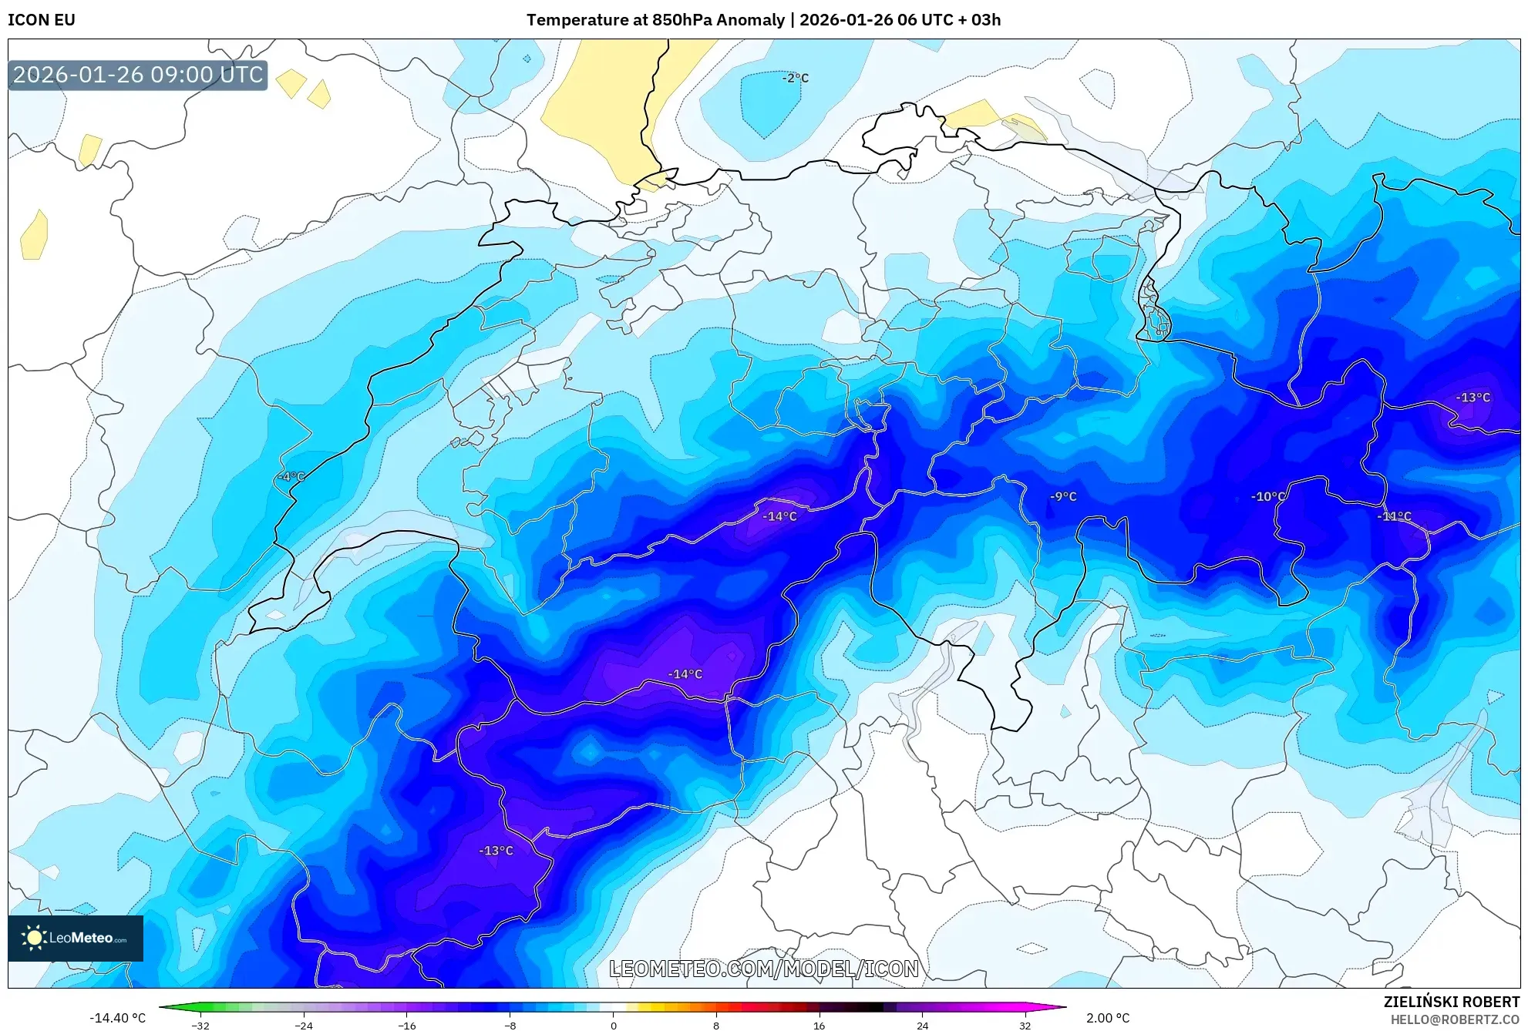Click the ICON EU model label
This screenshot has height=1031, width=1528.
[x=42, y=20]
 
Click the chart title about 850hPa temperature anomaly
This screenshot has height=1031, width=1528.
[x=763, y=20]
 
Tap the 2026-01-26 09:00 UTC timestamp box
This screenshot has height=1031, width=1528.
[x=138, y=75]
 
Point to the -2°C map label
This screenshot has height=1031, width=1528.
[x=795, y=78]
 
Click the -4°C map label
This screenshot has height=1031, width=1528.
[x=291, y=477]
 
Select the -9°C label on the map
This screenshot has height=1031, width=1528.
[x=1063, y=496]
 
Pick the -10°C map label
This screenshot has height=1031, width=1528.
[x=1268, y=496]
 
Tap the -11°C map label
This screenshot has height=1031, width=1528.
[x=1394, y=516]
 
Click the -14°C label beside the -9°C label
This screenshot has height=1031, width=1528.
[x=779, y=516]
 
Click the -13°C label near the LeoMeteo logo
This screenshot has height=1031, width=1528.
[x=496, y=851]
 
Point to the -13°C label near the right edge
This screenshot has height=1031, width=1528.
[x=1472, y=398]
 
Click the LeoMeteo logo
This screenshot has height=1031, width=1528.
[x=76, y=938]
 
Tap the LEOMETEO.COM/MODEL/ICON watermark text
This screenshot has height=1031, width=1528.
[x=763, y=969]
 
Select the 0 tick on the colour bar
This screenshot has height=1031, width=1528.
[x=613, y=1026]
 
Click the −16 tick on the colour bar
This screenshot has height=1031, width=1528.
[x=406, y=1026]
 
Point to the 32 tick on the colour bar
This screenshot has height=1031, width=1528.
[x=1025, y=1026]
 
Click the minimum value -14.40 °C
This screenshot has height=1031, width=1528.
[x=117, y=1018]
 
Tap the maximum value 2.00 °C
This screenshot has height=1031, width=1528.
[x=1108, y=1018]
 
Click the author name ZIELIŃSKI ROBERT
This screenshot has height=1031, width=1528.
[x=1451, y=1002]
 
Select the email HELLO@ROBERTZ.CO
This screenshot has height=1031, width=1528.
[x=1454, y=1019]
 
